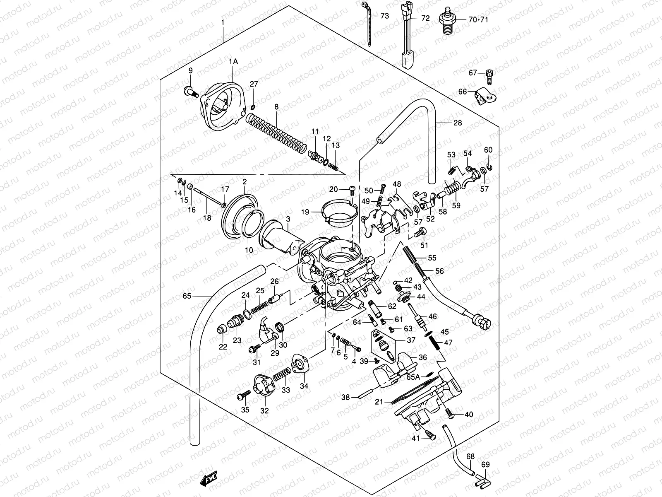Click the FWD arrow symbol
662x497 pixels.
(x=208, y=479)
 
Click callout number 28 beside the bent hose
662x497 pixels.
(x=457, y=123)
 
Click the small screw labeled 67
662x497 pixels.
(x=489, y=75)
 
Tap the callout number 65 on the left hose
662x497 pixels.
(x=187, y=296)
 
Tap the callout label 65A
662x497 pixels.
(x=413, y=377)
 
